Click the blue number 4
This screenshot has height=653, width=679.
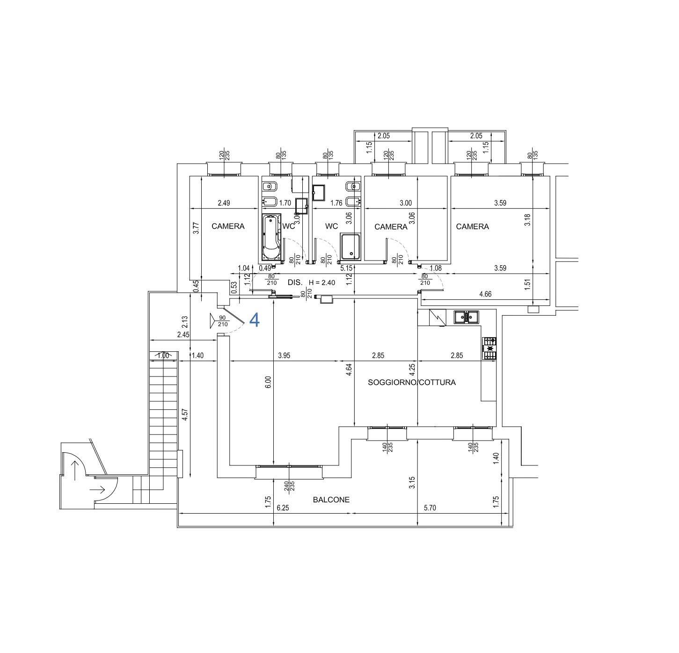[255, 320]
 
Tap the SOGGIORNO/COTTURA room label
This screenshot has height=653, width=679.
[412, 382]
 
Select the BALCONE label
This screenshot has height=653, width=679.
[331, 500]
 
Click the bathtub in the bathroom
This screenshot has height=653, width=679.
[271, 237]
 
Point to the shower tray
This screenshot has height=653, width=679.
[350, 247]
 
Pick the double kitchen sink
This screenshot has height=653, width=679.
[466, 317]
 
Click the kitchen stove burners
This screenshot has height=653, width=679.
[489, 348]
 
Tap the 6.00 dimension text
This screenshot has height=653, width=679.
[268, 382]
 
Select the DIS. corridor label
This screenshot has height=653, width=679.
[295, 283]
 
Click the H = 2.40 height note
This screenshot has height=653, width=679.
[321, 283]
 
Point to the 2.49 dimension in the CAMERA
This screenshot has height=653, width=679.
[224, 203]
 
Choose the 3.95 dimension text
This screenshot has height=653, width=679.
[284, 356]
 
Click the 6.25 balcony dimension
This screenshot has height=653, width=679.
[283, 508]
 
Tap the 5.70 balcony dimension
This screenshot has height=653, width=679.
[430, 508]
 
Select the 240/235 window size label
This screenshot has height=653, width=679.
[289, 486]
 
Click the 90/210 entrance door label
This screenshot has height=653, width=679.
[223, 321]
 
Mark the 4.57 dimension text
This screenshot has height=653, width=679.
[185, 415]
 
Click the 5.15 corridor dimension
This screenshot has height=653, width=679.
[346, 268]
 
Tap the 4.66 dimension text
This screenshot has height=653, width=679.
[485, 294]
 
